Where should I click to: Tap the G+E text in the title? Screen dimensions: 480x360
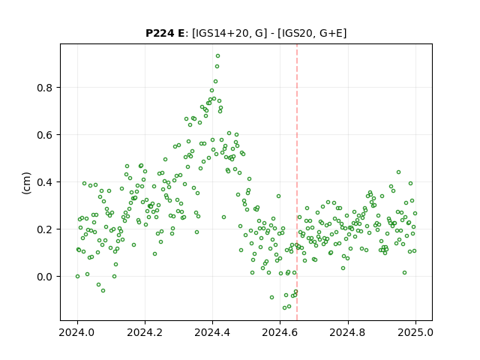click(331, 33)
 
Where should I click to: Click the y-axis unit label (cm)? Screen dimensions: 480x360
click(27, 183)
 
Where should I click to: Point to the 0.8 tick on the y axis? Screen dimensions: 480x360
click(45, 88)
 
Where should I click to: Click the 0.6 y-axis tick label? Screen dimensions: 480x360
click(45, 135)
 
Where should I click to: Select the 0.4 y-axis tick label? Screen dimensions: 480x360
click(45, 182)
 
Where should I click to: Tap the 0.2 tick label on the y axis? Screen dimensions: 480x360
click(45, 229)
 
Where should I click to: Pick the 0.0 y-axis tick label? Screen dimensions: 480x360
click(45, 277)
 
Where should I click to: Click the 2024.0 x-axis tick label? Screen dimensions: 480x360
click(77, 332)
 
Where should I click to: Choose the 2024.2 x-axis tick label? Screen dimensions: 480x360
click(145, 332)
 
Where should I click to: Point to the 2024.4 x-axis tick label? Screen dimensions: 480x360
click(212, 332)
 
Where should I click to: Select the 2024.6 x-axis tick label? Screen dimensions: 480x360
click(280, 332)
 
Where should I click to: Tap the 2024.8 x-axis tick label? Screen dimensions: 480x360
click(347, 332)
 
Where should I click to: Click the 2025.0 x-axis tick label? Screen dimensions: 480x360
click(415, 332)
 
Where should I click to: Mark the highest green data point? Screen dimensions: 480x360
click(217, 55)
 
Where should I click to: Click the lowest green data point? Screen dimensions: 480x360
click(285, 307)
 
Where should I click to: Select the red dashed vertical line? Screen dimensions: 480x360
click(297, 182)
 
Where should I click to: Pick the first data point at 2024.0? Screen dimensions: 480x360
click(77, 276)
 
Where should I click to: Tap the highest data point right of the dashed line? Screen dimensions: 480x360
click(398, 172)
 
